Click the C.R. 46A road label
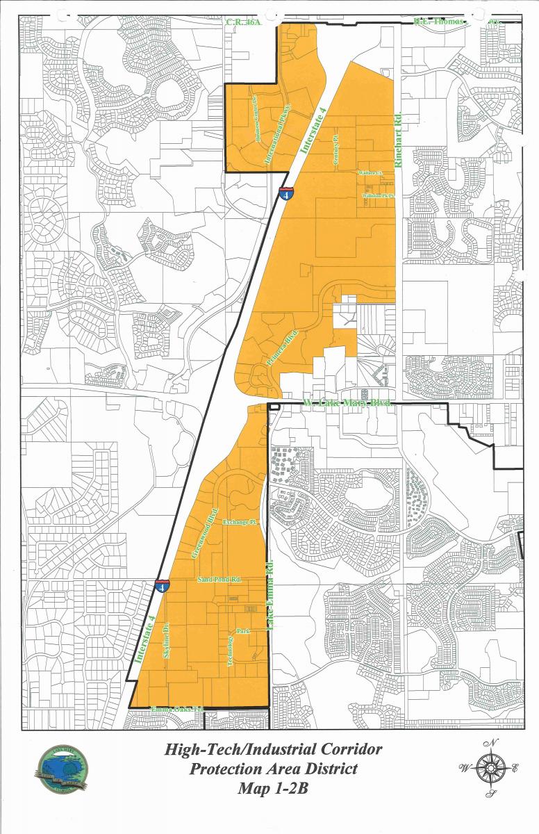tap(243, 22)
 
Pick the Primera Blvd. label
tap(283, 349)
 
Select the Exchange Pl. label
tap(240, 521)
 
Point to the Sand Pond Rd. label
tap(219, 579)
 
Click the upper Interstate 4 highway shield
tap(285, 193)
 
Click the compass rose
tap(491, 767)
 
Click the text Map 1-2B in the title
tap(272, 788)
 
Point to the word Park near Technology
tap(243, 631)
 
